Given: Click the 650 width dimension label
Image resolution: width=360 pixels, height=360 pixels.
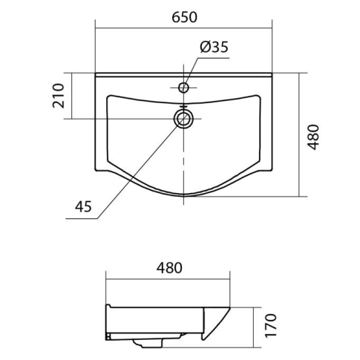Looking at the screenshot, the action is point(185,18).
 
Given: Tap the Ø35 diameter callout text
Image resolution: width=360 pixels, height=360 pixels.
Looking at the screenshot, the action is point(215,47).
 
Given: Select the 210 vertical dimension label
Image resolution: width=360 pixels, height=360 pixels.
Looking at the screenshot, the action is point(59,96).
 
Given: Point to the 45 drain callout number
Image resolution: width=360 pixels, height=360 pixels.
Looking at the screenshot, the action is point(83,206).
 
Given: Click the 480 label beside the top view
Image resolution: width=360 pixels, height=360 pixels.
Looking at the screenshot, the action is point(313,137).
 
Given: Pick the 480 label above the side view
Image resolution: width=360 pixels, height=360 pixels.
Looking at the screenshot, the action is point(169,268).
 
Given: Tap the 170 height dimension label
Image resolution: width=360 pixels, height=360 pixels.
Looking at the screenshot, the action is point(270,325).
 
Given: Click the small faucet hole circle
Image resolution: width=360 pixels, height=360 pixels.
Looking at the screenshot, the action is point(183,88).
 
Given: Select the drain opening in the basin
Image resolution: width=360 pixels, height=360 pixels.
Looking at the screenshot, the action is point(183,119).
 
